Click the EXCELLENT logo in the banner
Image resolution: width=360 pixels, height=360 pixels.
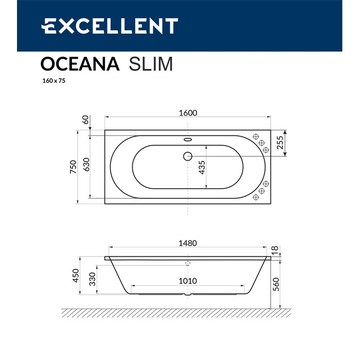click(110, 26)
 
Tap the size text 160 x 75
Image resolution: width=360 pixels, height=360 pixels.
click(49, 81)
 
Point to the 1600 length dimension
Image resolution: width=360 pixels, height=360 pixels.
click(188, 113)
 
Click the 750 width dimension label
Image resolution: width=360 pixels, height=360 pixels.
click(74, 166)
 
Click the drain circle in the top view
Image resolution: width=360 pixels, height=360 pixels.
click(188, 155)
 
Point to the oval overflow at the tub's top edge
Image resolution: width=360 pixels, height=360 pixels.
click(188, 139)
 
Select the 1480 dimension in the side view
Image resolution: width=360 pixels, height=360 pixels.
click(188, 243)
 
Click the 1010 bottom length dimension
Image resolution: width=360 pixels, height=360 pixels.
click(188, 281)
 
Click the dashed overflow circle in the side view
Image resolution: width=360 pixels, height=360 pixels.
click(188, 263)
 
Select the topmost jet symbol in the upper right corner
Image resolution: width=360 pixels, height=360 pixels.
click(256, 136)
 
